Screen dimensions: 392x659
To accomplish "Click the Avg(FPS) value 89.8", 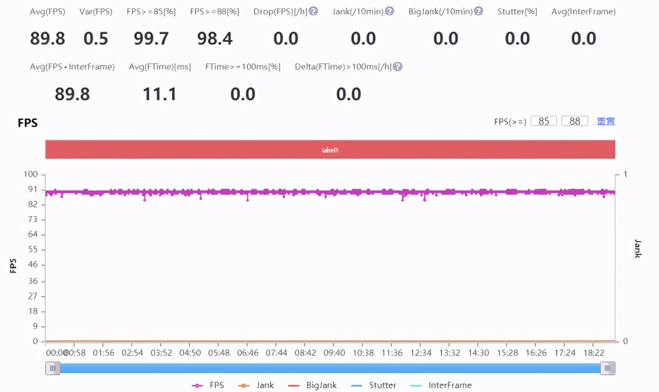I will (x=47, y=39).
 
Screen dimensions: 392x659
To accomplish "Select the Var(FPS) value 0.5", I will (x=96, y=39).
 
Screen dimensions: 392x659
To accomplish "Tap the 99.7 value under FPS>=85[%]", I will (x=151, y=39).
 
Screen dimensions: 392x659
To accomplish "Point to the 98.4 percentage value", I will (x=215, y=39).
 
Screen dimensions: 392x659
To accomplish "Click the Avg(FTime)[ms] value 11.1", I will (x=160, y=94).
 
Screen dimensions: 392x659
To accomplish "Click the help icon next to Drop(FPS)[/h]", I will (x=313, y=11).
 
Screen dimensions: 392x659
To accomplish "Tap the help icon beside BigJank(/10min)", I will (x=479, y=11).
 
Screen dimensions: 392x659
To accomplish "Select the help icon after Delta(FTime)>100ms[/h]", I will (x=397, y=66).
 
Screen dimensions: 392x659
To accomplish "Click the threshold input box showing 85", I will (x=544, y=121).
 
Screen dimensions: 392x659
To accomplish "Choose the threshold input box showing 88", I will (x=575, y=121).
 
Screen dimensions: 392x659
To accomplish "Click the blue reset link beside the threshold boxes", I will (x=606, y=121).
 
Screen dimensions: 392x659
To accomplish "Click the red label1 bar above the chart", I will (x=330, y=150).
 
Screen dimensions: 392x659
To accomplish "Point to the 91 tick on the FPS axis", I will (x=33, y=189).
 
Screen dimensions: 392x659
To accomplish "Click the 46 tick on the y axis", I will (x=33, y=264).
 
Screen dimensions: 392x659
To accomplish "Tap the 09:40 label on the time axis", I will (x=333, y=353).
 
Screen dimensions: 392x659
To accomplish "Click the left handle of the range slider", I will (x=52, y=368).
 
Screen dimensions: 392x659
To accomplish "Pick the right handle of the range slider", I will (x=608, y=368).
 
